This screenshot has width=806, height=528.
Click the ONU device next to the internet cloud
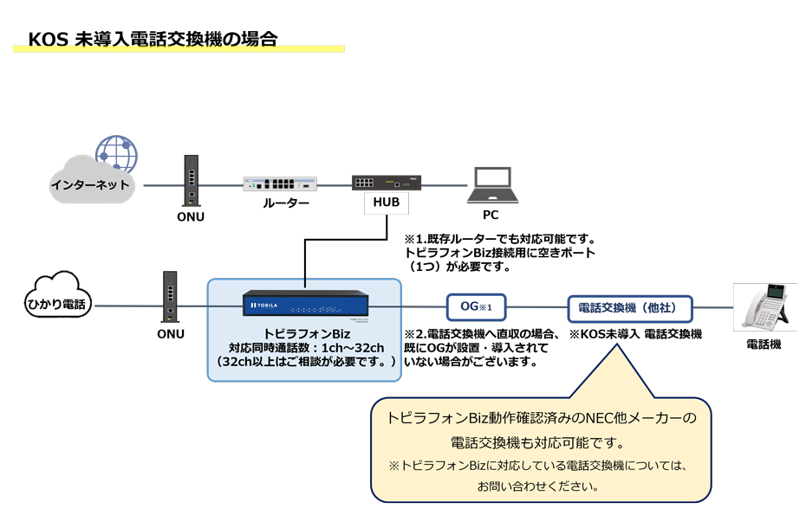[x=190, y=181]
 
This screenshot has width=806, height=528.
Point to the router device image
[x=280, y=183]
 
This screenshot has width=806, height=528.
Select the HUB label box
[x=387, y=203]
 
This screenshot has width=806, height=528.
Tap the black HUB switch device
[x=386, y=183]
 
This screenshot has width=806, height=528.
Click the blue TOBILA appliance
[x=305, y=305]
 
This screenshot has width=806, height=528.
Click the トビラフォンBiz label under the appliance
[x=306, y=333]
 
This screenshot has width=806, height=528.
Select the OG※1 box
[x=476, y=306]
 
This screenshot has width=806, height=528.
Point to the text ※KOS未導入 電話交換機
[x=635, y=333]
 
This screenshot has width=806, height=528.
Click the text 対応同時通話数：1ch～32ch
[x=306, y=347]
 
